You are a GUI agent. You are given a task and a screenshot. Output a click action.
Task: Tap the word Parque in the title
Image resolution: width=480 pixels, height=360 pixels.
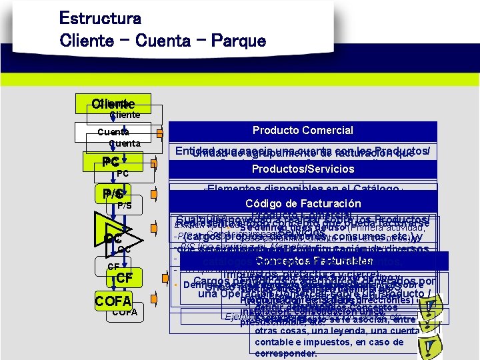(235, 40)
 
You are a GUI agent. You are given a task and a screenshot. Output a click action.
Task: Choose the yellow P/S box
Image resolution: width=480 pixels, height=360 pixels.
(113, 194)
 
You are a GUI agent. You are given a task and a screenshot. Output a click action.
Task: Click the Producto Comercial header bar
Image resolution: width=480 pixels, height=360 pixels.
(303, 131)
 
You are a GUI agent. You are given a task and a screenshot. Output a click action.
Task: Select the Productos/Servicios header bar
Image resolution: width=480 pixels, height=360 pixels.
(303, 169)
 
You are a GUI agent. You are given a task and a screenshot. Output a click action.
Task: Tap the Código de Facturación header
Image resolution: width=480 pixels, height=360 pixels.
(303, 204)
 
